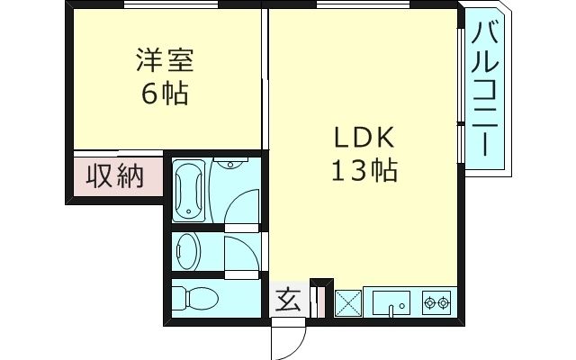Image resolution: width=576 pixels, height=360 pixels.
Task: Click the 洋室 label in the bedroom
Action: [165, 63]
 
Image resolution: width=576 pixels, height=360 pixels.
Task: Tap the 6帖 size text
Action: [165, 94]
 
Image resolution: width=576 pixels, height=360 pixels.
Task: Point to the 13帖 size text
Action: [365, 171]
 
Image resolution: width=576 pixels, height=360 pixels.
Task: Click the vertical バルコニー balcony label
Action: [486, 90]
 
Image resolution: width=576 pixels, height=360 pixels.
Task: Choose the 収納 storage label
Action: [115, 175]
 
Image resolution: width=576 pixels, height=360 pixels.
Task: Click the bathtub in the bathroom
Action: [190, 189]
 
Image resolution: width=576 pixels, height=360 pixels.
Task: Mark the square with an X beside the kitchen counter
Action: [347, 302]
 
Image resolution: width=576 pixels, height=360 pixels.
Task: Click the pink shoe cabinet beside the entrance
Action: [315, 301]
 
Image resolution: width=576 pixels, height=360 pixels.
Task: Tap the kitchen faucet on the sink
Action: [391, 310]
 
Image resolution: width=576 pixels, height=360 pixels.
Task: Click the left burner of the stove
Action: [428, 301]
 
